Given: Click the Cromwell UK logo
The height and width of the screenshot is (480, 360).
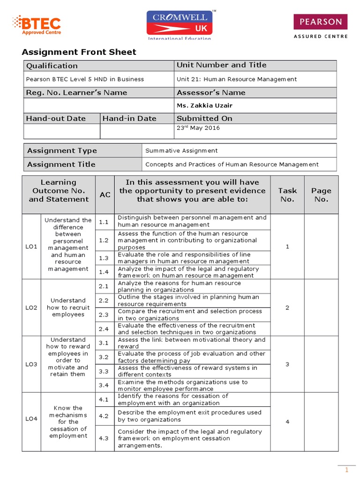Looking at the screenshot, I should click(180, 24).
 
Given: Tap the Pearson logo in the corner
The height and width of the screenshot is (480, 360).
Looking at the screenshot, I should click(321, 26).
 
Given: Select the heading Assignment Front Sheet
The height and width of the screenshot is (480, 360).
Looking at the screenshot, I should click(79, 52).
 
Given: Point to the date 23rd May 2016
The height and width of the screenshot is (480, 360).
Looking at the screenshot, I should click(198, 128).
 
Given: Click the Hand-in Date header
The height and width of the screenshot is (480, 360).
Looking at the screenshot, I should click(129, 118).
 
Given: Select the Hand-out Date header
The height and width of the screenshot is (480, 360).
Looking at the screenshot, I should click(56, 118).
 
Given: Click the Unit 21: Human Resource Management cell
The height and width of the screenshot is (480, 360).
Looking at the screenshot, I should click(237, 79).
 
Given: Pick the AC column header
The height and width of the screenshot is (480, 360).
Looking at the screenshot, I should click(105, 194).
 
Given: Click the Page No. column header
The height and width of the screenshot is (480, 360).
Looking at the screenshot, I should click(321, 195).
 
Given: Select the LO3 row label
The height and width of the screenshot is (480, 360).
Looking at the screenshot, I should click(31, 364).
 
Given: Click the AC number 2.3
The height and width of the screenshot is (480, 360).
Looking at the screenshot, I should click(104, 315).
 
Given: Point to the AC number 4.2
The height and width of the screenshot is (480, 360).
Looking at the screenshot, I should click(104, 416).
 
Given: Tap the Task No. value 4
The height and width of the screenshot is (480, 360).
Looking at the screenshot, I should click(287, 422).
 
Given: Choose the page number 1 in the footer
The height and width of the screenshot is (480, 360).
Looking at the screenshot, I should click(347, 470).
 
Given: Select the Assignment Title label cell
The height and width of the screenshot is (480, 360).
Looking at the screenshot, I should click(61, 164).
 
